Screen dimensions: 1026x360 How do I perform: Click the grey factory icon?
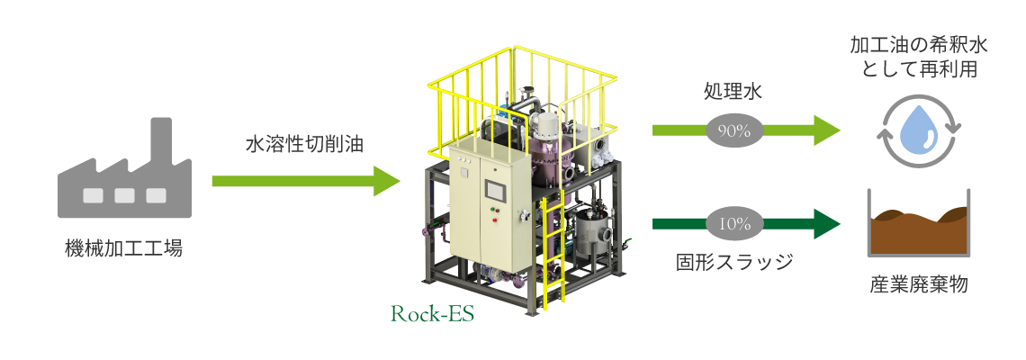pos(124,174)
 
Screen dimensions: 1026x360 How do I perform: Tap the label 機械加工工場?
pos(124,248)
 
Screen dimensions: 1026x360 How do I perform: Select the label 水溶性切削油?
pos(305,145)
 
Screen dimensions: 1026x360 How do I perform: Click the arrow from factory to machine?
pos(306,181)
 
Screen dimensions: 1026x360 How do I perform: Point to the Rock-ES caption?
pos(432,314)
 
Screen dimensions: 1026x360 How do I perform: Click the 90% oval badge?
pos(734,130)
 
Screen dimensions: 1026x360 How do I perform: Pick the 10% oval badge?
pos(734,224)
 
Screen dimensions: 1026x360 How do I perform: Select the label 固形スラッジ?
pos(734,262)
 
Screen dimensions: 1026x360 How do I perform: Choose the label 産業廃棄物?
pos(919,284)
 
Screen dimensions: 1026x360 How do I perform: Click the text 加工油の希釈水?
pos(919,45)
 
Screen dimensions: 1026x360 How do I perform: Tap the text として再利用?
pos(919,68)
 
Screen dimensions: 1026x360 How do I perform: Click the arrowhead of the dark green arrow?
pos(827,224)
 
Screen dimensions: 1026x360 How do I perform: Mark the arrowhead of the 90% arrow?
pos(827,130)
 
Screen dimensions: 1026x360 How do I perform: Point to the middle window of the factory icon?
pos(124,195)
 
